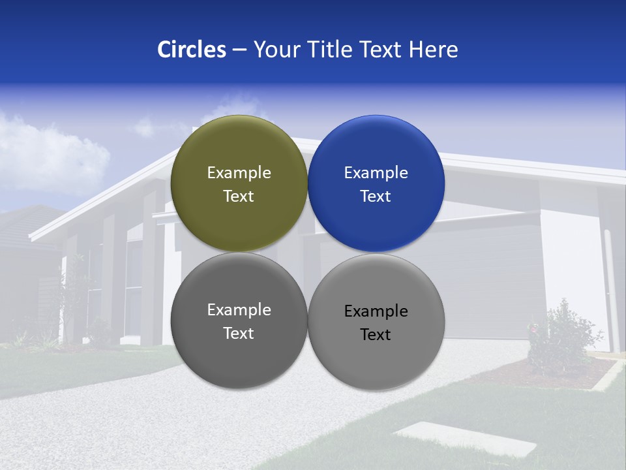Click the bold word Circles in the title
(192, 49)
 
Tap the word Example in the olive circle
(239, 172)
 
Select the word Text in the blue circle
(376, 196)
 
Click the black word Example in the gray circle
(376, 311)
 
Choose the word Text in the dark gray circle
(239, 333)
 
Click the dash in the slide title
(239, 50)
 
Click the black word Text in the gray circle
(376, 334)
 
